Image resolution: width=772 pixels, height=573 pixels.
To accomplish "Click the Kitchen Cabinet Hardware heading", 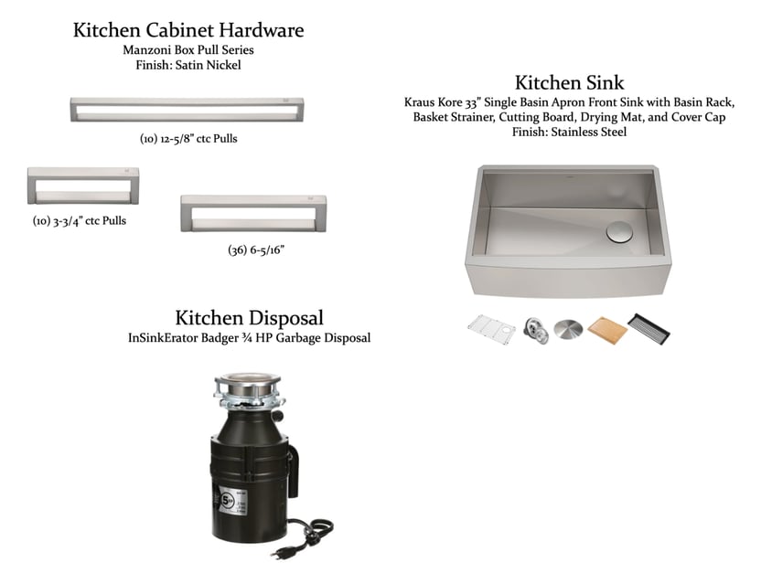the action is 188,30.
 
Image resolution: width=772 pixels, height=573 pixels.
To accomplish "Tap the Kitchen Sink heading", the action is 569,82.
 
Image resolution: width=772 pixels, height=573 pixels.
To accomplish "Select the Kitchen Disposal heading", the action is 249,318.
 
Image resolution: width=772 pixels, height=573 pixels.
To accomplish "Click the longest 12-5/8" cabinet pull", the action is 188,110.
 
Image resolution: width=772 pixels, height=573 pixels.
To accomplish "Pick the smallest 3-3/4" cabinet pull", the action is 82,186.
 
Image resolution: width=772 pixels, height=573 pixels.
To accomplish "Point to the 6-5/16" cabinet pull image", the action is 253,213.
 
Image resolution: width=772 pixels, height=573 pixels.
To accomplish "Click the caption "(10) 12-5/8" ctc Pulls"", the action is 188,139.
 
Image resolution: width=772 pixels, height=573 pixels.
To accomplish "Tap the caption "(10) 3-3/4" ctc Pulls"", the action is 80,221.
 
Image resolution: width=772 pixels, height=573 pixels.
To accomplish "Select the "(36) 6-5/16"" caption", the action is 256,249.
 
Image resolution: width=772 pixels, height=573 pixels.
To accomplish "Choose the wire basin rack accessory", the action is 491,329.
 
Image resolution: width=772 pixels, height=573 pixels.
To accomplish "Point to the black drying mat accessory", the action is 649,328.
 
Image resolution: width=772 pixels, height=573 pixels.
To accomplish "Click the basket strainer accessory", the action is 536,331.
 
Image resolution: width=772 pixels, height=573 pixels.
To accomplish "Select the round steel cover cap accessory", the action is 568,329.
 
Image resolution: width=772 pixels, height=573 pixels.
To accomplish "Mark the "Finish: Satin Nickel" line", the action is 188,66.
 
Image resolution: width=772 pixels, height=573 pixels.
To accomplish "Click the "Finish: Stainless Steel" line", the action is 569,133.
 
